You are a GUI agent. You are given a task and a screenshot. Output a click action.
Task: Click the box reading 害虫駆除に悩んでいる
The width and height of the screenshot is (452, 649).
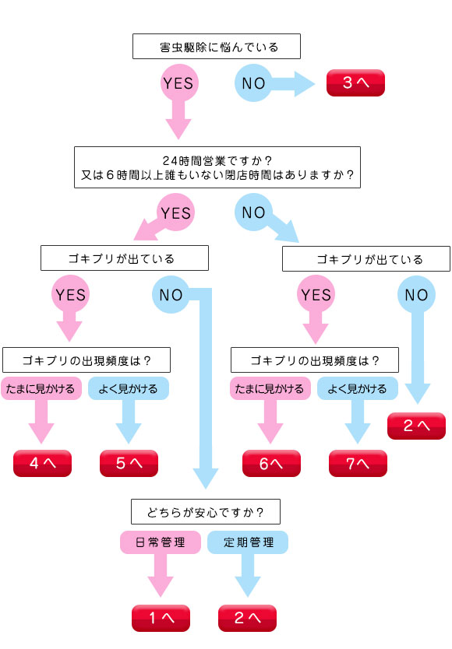217,47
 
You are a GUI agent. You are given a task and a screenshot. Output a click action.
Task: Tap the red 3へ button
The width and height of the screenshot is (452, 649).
356,82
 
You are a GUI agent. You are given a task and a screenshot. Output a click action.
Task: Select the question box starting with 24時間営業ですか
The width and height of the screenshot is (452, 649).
217,167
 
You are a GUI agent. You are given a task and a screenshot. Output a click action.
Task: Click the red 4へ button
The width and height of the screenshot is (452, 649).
42,463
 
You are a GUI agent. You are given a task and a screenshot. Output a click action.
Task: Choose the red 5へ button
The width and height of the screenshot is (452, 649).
129,463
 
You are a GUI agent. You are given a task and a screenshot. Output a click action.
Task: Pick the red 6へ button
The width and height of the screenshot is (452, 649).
272,463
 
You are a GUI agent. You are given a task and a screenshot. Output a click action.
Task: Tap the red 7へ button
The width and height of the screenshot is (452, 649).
358,463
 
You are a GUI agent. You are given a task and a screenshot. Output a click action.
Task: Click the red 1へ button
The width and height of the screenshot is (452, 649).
161,618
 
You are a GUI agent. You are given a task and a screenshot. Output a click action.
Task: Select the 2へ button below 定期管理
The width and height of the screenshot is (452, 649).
247,618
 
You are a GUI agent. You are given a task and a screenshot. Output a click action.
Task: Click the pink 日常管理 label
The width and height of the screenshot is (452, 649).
161,542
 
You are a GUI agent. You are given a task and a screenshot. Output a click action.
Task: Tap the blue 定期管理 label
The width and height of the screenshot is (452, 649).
248,542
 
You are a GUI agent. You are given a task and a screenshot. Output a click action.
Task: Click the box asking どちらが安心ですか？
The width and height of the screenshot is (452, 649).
206,512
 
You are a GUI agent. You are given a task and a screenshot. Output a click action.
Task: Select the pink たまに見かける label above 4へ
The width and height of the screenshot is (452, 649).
41,388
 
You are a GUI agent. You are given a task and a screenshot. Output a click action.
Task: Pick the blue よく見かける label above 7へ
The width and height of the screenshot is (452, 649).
358,388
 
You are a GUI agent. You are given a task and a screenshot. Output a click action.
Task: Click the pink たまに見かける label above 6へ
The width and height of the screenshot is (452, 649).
270,388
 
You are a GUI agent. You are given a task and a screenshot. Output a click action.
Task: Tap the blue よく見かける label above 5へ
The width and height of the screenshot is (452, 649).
129,388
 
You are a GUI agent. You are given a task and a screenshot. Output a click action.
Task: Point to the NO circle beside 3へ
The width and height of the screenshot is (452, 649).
253,83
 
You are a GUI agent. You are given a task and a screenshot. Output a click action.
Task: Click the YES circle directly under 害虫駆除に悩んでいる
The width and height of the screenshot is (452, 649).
178,82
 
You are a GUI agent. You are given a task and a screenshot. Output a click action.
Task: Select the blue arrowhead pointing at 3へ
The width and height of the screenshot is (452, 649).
305,83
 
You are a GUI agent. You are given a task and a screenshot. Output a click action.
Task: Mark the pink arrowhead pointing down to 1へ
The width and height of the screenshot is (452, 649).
161,586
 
